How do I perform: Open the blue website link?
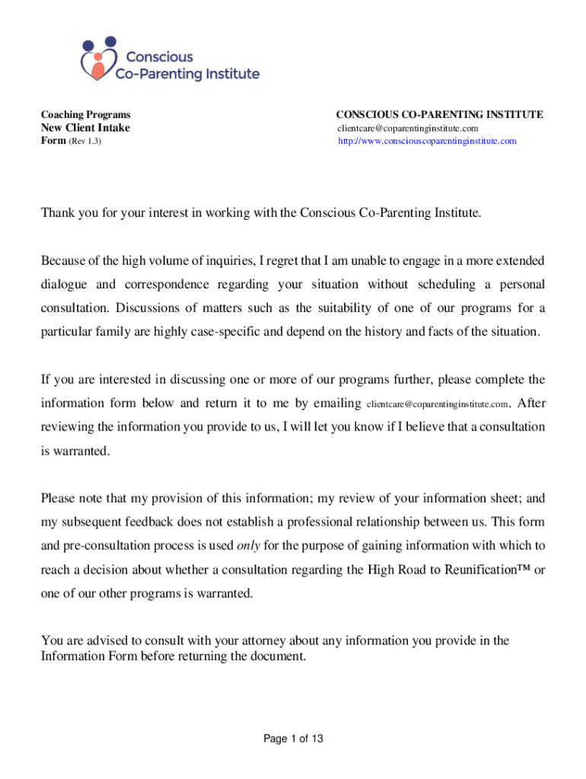click(427, 141)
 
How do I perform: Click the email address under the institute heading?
click(408, 128)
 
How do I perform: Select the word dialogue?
click(68, 285)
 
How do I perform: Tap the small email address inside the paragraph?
click(437, 403)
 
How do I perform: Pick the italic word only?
click(249, 545)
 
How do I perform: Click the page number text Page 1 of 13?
click(294, 739)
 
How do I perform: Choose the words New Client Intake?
click(85, 128)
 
